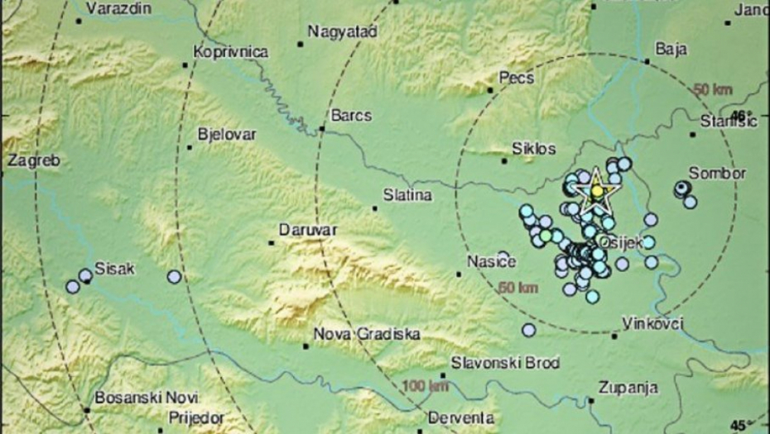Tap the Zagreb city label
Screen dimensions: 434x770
[x=33, y=160]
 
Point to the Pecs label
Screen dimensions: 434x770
[x=516, y=78]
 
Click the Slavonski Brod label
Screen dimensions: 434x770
[x=505, y=362]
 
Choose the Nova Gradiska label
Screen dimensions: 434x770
[x=367, y=334]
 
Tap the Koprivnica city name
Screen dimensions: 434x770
[x=230, y=52]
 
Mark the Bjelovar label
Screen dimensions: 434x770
[x=227, y=134]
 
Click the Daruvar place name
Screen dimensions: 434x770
[x=307, y=230]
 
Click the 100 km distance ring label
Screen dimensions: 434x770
[x=426, y=385]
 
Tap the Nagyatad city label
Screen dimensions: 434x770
[x=342, y=31]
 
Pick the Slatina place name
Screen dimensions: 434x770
[x=407, y=196]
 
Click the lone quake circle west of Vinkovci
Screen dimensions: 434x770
[x=529, y=330]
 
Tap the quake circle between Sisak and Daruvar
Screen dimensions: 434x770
[x=174, y=277]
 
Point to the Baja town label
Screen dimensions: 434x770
[x=671, y=49]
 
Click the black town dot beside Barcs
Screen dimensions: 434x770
[x=322, y=129]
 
